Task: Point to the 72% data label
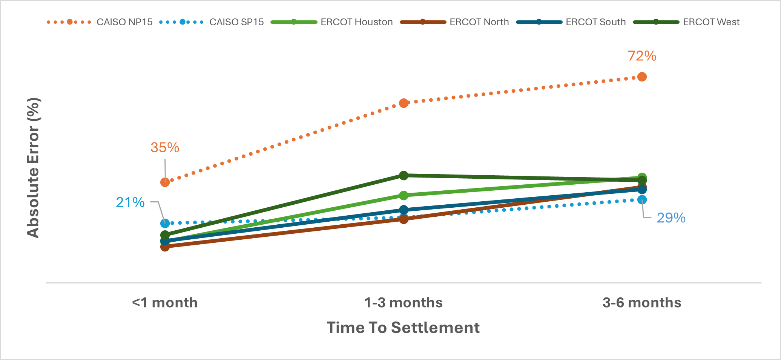pos(642,56)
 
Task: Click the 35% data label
pos(165,147)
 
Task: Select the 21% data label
pos(130,202)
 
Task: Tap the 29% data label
pos(671,218)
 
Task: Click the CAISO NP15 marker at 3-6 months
pos(642,77)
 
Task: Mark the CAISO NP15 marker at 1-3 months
pos(404,103)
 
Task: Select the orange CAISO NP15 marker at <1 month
pos(165,182)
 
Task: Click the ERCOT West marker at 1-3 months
pos(404,175)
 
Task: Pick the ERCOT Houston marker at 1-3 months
pos(404,195)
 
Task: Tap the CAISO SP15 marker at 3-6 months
pos(642,200)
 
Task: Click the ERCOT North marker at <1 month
pos(165,247)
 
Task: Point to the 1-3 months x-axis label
pos(404,303)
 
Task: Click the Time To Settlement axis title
pos(403,328)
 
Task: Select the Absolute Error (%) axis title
pos(33,168)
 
